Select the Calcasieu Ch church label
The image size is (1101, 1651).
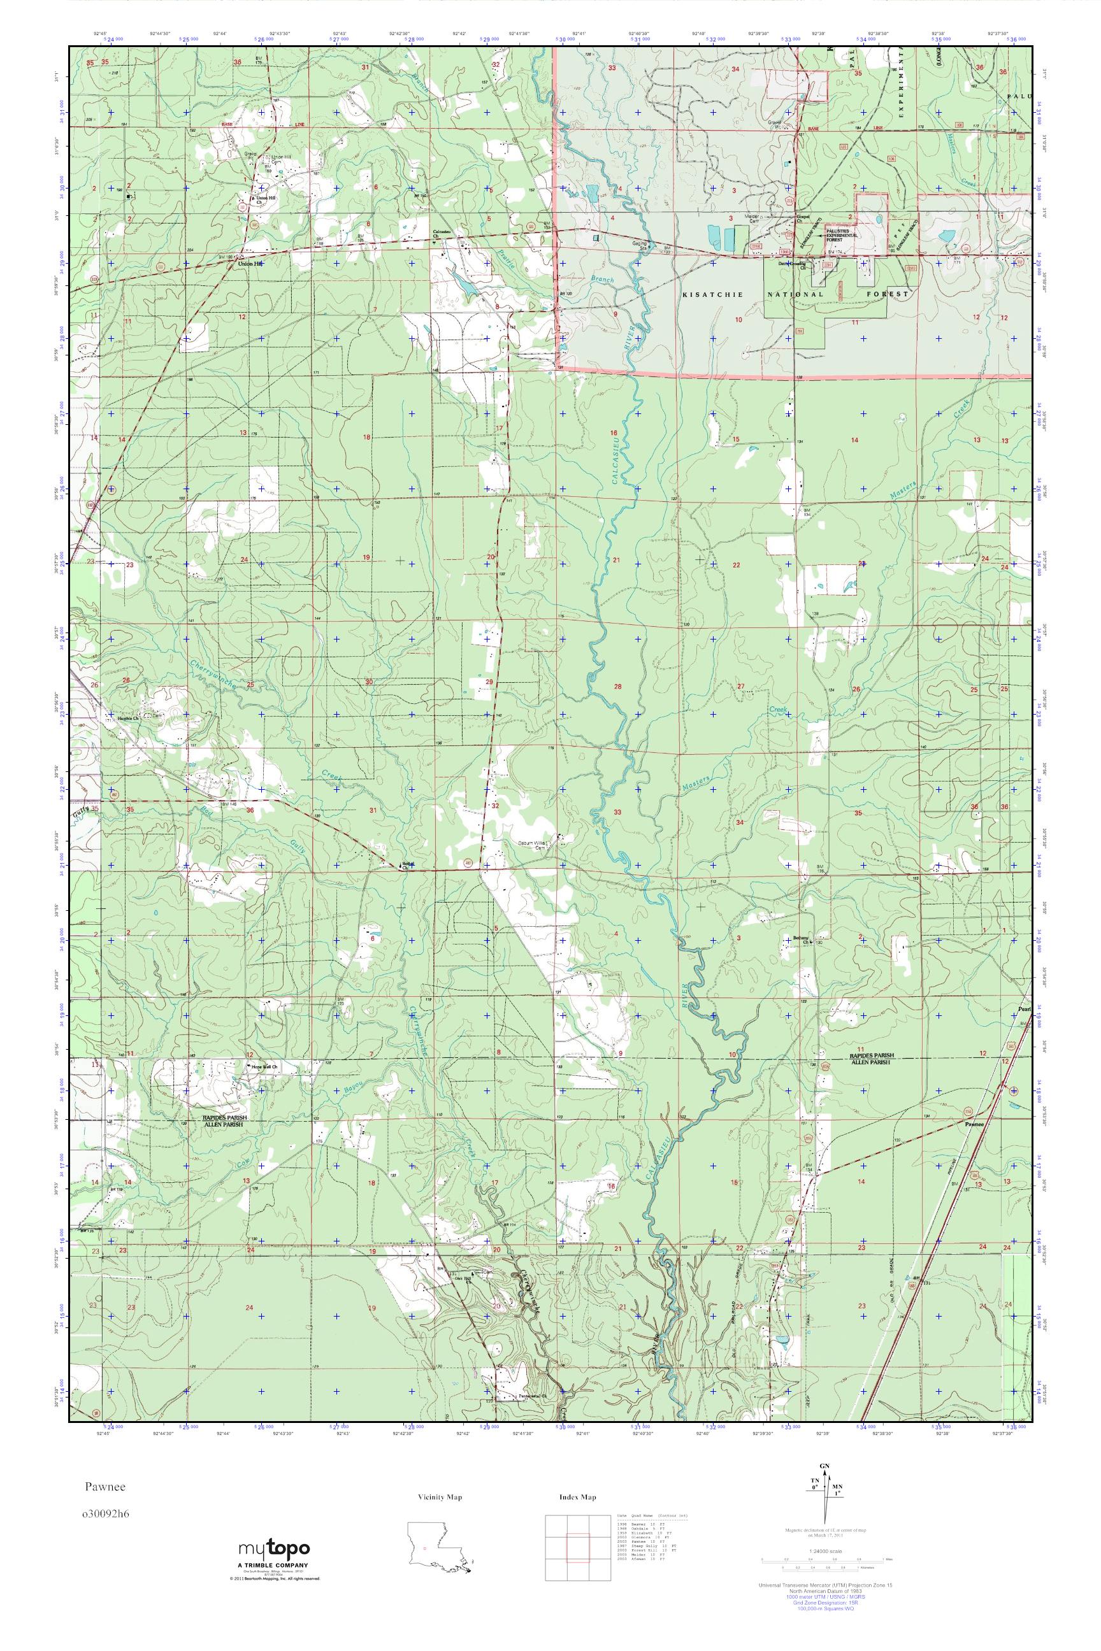coord(442,233)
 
